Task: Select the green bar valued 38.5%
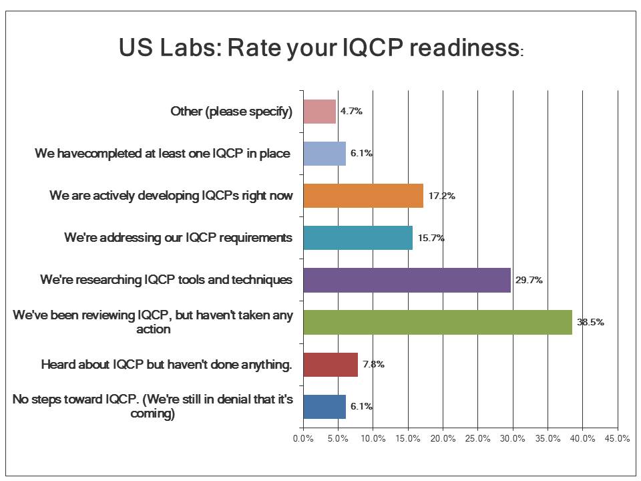[437, 322]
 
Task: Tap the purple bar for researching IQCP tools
[407, 280]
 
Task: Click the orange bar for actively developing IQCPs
[363, 196]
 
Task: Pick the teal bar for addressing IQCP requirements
[358, 238]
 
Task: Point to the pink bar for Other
[320, 112]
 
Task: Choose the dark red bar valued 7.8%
[331, 364]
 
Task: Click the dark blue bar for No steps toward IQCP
[325, 406]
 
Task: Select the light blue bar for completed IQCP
[325, 154]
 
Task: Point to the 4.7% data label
[351, 112]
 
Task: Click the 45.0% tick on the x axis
[617, 439]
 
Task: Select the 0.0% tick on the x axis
[303, 439]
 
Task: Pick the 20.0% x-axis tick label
[443, 439]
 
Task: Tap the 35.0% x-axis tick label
[548, 439]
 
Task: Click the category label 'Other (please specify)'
[232, 112]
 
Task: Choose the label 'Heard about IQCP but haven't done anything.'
[167, 365]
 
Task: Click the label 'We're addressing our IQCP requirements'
[178, 238]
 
